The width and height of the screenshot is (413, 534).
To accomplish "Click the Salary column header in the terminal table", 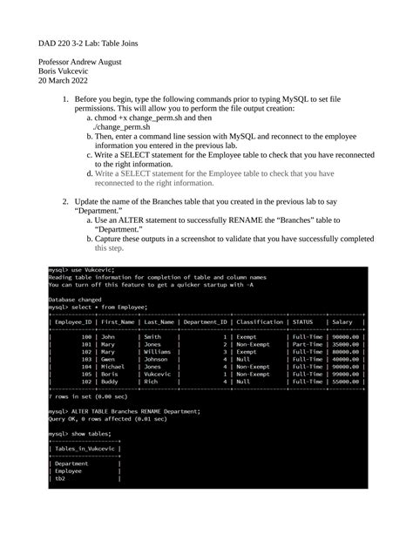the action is click(343, 321).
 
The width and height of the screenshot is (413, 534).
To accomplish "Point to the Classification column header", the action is click(259, 321).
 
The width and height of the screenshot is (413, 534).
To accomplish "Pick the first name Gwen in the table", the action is click(108, 358).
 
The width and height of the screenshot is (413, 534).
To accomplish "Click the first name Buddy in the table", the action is click(110, 381).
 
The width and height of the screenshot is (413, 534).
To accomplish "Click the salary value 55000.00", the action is click(346, 381).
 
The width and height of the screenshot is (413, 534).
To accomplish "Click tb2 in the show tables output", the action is click(60, 477).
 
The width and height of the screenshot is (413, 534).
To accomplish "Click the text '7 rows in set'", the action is click(71, 395).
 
